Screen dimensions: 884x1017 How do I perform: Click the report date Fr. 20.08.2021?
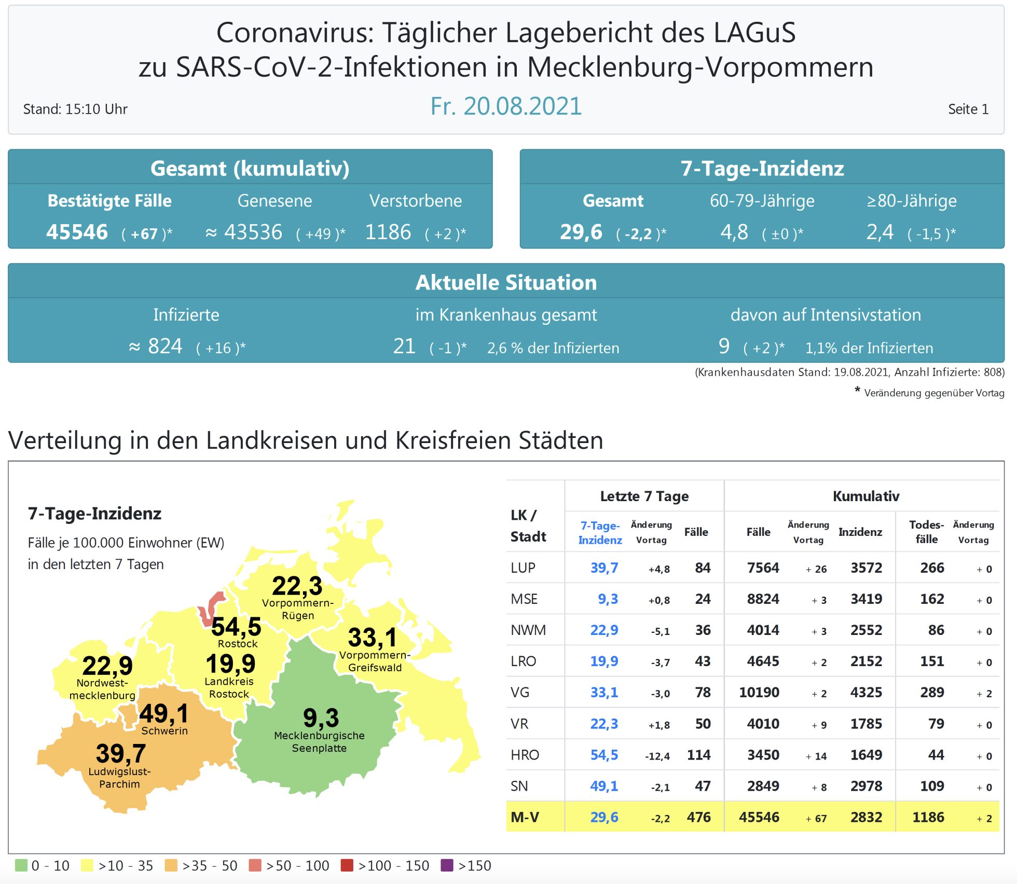506,106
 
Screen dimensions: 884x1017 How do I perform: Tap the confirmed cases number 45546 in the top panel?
77,232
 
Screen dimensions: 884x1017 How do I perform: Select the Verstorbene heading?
415,201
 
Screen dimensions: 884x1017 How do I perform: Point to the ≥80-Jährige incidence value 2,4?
879,232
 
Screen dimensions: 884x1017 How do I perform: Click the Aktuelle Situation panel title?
506,283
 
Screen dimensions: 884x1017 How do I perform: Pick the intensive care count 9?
724,346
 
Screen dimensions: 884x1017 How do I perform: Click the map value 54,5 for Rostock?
236,627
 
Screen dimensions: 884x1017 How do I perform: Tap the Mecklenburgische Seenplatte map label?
319,742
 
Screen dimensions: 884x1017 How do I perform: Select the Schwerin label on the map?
164,731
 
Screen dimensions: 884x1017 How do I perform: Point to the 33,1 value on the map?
372,638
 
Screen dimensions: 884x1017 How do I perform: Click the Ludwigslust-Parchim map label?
119,778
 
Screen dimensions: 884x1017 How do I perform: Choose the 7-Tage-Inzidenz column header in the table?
600,533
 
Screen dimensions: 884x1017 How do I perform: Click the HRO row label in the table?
525,755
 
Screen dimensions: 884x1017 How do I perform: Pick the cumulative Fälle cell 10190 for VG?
759,693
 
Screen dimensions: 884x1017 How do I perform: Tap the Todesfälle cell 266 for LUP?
932,568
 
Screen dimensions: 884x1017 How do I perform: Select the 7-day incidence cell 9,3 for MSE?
608,599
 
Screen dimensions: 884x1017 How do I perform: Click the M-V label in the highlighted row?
525,818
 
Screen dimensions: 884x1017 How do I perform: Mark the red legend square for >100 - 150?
347,865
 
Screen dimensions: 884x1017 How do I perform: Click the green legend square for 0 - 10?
21,865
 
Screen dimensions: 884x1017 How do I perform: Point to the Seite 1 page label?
968,109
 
